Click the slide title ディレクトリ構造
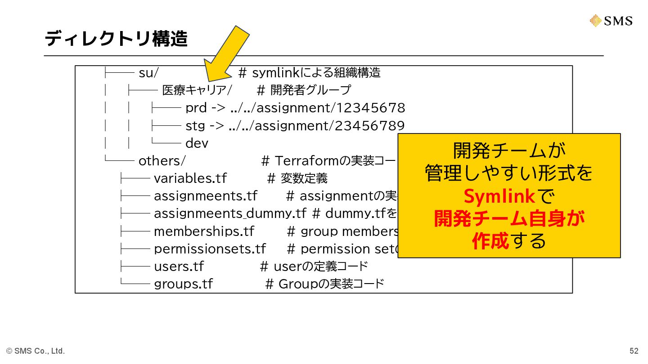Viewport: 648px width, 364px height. (x=116, y=39)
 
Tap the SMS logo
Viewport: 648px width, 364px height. (x=612, y=21)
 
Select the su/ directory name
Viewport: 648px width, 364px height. (x=148, y=73)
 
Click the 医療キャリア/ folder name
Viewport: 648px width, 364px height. (x=197, y=90)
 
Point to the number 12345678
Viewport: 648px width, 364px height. (x=370, y=108)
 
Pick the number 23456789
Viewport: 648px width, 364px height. (x=370, y=125)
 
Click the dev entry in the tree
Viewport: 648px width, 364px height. (x=197, y=143)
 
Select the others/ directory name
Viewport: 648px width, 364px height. (x=162, y=161)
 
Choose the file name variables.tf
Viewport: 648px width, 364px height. (x=190, y=178)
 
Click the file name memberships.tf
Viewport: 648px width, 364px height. (x=204, y=231)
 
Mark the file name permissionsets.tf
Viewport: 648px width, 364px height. (x=210, y=249)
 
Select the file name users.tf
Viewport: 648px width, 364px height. (x=179, y=266)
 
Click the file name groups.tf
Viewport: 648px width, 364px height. (x=183, y=284)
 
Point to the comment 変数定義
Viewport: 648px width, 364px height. (x=304, y=178)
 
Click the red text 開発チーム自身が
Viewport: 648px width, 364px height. (x=509, y=219)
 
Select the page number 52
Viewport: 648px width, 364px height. (x=634, y=351)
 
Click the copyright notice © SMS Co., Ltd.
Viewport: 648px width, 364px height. (x=36, y=351)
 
